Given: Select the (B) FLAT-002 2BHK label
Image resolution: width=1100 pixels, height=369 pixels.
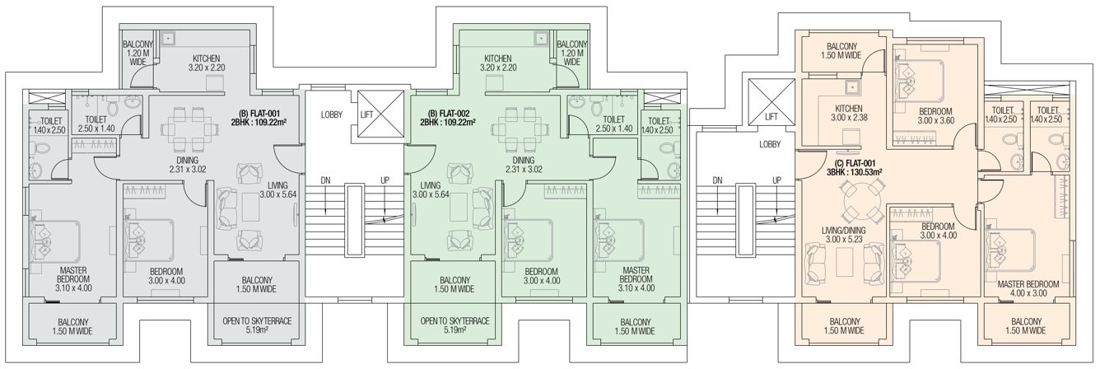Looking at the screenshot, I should [x=448, y=115].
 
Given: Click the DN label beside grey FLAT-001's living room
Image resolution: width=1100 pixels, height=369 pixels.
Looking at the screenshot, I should [x=325, y=180].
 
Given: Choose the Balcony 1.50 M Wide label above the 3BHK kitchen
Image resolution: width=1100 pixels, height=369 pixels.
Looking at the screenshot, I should [x=843, y=51].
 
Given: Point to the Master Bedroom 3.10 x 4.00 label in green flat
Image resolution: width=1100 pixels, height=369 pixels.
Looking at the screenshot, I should [x=637, y=279].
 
